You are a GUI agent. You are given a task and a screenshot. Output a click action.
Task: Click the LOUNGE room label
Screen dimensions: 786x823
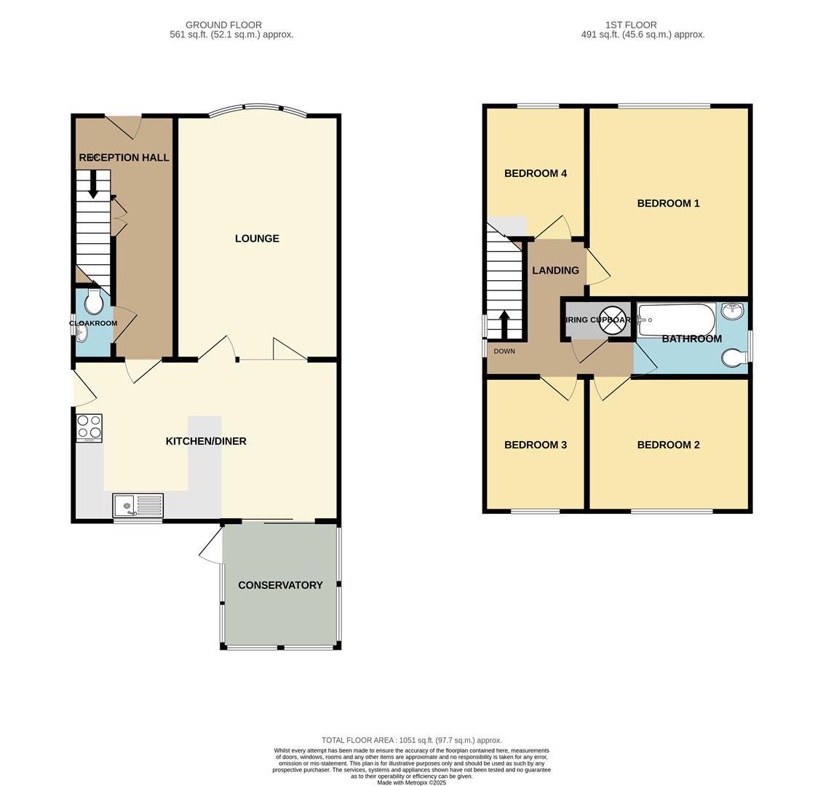[x=257, y=239]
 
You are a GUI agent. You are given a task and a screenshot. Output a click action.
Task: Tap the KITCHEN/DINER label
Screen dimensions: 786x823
[x=206, y=441]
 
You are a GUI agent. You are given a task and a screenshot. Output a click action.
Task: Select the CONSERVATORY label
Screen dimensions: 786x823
[x=280, y=585]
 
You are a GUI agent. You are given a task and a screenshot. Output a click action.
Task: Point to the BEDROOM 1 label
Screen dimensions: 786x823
[x=668, y=204]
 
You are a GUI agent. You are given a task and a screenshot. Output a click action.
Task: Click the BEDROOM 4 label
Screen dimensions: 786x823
[x=536, y=173]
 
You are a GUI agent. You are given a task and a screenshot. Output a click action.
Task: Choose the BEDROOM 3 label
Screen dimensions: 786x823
[x=536, y=445]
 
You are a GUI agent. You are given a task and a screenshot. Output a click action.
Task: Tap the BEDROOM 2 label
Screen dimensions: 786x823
[x=668, y=445]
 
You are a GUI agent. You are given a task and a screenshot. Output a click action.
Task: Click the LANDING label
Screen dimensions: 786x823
[x=555, y=271]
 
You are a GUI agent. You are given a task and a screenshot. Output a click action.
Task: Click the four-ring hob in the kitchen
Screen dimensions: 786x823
[x=90, y=428]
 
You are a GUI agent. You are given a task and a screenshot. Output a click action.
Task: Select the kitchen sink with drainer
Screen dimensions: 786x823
[x=138, y=505]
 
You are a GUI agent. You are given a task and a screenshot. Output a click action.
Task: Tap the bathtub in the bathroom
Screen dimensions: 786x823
[x=677, y=319]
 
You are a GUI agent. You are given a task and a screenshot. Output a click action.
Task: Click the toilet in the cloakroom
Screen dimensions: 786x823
[x=94, y=302]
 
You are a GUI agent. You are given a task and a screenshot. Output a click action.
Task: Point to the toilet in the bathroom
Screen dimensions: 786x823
[x=733, y=357]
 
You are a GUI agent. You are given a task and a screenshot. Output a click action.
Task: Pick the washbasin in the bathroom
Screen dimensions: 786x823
[x=732, y=311]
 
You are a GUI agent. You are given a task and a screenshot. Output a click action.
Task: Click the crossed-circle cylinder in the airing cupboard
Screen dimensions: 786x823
[x=613, y=320]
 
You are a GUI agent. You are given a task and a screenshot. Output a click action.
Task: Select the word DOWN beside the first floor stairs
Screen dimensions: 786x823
[x=504, y=352]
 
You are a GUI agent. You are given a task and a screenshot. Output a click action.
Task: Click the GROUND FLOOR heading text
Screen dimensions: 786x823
[x=223, y=25]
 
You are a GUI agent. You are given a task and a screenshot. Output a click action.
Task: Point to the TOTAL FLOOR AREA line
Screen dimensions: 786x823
[x=412, y=740]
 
